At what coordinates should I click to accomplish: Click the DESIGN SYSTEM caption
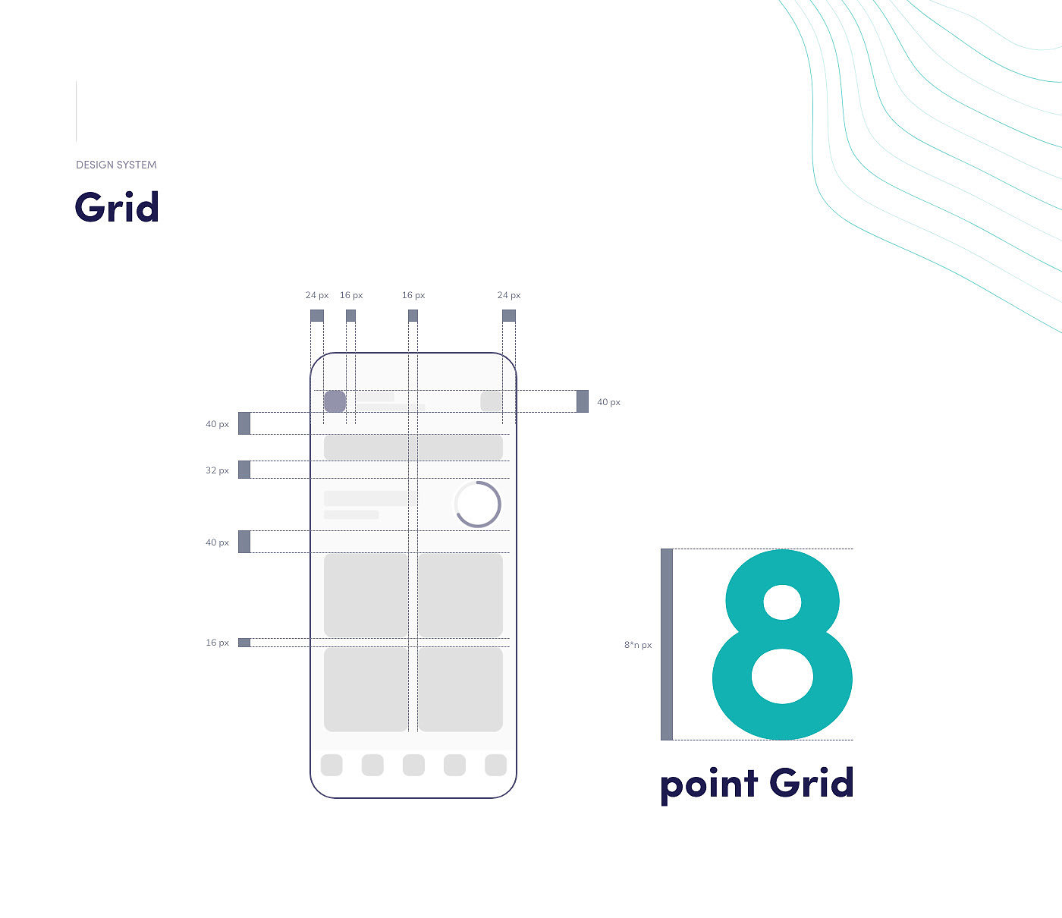point(116,165)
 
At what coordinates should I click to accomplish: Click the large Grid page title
point(117,207)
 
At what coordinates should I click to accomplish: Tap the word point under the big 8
point(709,784)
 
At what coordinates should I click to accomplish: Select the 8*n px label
point(638,645)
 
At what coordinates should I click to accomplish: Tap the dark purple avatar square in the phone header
point(335,401)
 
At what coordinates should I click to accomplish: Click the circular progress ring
point(477,504)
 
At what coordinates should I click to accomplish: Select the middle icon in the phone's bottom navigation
point(413,765)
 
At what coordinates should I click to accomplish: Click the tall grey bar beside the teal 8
point(667,644)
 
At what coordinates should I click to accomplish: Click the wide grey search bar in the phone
point(413,448)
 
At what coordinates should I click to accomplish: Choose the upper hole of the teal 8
point(782,602)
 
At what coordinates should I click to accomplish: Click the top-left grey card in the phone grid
point(366,596)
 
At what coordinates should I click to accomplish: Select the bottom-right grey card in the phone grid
point(460,689)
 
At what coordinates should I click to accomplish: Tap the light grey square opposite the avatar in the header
point(491,401)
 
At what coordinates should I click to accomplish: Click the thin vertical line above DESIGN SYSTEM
point(77,112)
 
